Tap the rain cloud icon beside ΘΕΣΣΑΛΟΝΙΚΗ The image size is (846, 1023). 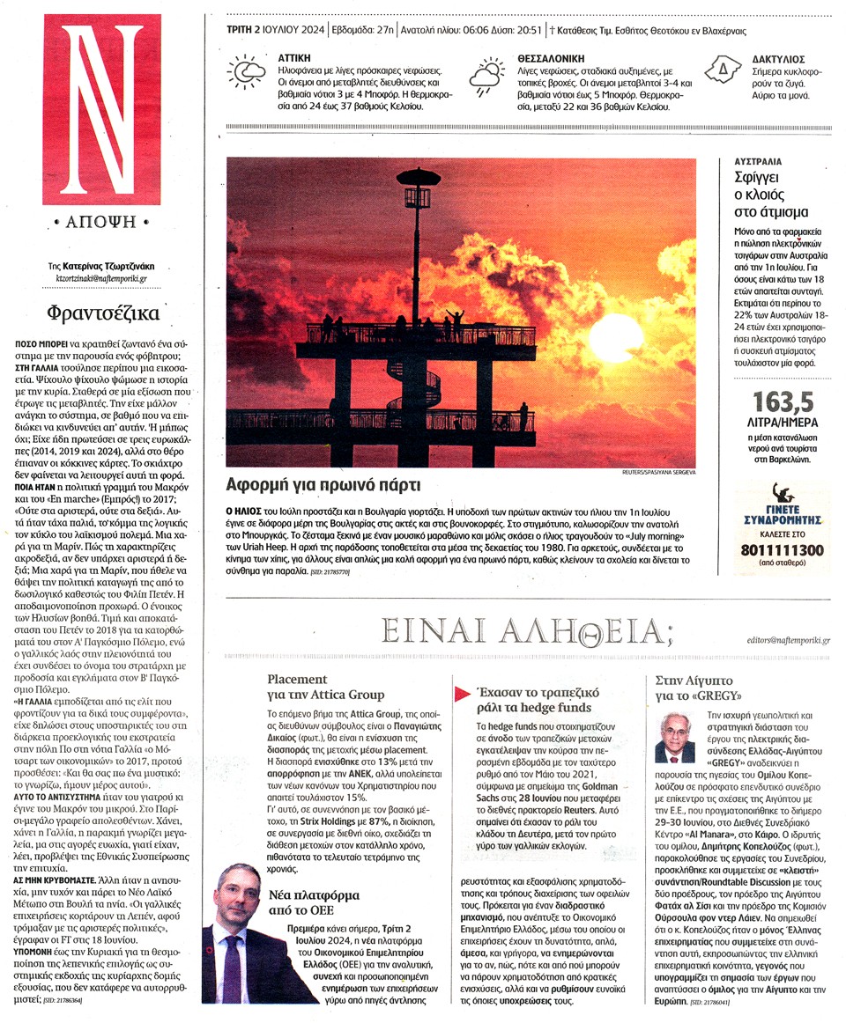(487, 75)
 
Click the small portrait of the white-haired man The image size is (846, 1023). (675, 737)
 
